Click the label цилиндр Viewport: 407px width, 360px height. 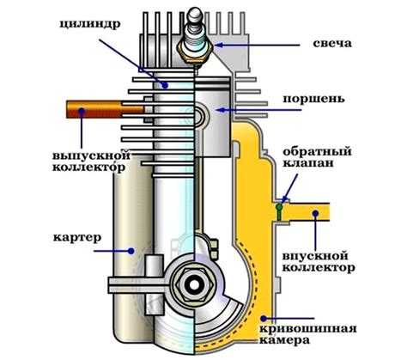pyautogui.click(x=90, y=24)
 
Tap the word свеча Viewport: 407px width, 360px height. pyautogui.click(x=332, y=43)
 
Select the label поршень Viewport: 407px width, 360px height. pyautogui.click(x=314, y=100)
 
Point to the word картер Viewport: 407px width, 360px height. pyautogui.click(x=77, y=237)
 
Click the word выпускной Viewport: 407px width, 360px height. pyautogui.click(x=91, y=156)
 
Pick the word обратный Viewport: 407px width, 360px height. pyautogui.click(x=317, y=151)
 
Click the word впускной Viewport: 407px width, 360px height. pyautogui.click(x=315, y=256)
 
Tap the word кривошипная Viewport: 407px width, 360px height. pyautogui.click(x=308, y=329)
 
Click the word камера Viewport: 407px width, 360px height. pyautogui.click(x=285, y=340)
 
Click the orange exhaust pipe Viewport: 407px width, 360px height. pyautogui.click(x=106, y=109)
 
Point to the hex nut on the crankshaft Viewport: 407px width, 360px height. pyautogui.click(x=194, y=285)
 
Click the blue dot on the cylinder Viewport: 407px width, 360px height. pyautogui.click(x=165, y=84)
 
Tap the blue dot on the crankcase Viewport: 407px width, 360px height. pyautogui.click(x=131, y=251)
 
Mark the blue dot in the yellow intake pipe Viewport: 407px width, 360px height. pyautogui.click(x=315, y=213)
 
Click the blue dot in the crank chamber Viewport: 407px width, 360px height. pyautogui.click(x=264, y=318)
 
